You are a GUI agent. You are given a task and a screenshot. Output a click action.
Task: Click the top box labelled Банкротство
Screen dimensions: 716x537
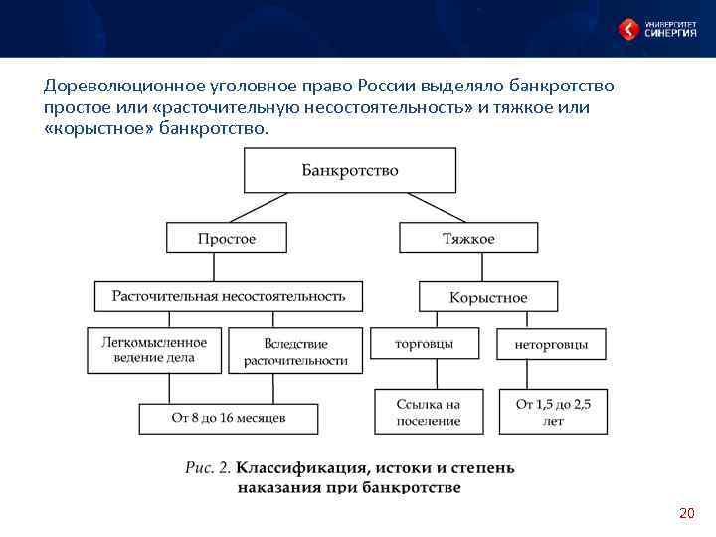pyautogui.click(x=350, y=170)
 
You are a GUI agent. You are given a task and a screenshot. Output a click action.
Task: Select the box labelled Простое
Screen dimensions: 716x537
pyautogui.click(x=227, y=238)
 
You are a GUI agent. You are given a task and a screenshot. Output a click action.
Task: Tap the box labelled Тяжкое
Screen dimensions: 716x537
pyautogui.click(x=467, y=238)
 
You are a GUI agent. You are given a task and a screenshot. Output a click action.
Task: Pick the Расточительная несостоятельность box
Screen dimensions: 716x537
pyautogui.click(x=229, y=296)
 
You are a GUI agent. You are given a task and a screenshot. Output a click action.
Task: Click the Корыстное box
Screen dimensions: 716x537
pyautogui.click(x=488, y=297)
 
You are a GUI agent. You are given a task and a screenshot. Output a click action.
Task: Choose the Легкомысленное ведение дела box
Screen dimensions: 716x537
pyautogui.click(x=154, y=350)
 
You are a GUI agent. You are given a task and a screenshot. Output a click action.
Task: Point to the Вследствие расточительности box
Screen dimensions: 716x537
pyautogui.click(x=295, y=352)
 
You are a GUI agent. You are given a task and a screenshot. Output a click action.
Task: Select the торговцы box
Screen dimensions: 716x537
pyautogui.click(x=424, y=344)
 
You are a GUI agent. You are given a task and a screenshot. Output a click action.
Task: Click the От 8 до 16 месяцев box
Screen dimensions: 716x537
pyautogui.click(x=229, y=418)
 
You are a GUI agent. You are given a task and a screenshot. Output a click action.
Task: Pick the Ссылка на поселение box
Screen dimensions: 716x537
pyautogui.click(x=428, y=412)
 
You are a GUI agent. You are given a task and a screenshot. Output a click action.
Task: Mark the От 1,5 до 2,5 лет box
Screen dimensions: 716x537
pyautogui.click(x=553, y=412)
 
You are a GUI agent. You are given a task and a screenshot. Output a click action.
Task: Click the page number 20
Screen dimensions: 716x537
pyautogui.click(x=686, y=513)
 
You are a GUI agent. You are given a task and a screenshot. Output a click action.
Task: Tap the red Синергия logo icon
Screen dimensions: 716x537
pyautogui.click(x=629, y=29)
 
